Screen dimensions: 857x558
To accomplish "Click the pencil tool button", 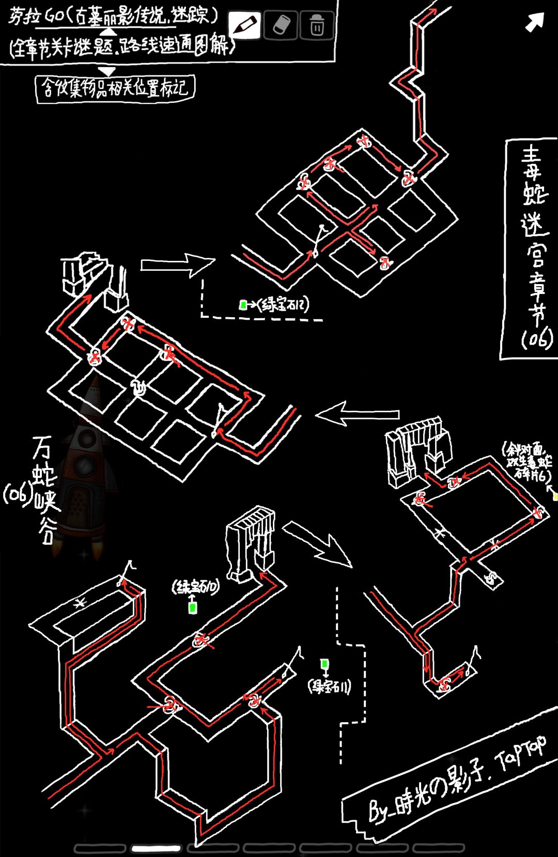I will [x=244, y=24].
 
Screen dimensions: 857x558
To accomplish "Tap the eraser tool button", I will [x=281, y=25].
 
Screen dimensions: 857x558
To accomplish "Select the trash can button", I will [x=317, y=25].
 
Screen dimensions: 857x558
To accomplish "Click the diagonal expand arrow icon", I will [x=535, y=22].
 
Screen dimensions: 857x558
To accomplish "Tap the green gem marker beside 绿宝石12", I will [x=242, y=305].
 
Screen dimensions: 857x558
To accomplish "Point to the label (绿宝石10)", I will [x=196, y=586].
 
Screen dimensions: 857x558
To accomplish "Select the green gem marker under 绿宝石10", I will [x=193, y=607].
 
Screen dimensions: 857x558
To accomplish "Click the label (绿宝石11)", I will [x=330, y=687].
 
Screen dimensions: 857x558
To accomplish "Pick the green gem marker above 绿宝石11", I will [x=324, y=664].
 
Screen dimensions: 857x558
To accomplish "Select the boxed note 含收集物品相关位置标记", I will [x=115, y=88].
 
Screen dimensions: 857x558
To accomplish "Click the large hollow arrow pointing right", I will [x=177, y=264].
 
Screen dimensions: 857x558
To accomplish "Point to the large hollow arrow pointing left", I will [x=358, y=413].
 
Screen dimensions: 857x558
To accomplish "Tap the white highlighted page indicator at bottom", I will [x=156, y=848].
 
